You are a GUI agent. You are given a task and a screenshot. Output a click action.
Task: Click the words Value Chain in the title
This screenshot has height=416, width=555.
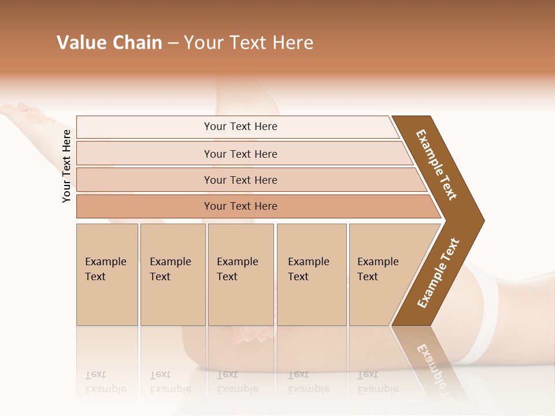click(x=109, y=43)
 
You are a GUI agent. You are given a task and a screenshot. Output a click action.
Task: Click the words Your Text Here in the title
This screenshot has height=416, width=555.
click(x=249, y=43)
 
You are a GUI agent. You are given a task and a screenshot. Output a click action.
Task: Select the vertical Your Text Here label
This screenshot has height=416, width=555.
click(x=67, y=166)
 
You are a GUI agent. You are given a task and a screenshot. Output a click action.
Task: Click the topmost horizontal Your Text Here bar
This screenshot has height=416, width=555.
click(x=240, y=127)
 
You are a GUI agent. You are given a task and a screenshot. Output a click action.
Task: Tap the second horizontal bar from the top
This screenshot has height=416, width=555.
click(x=240, y=154)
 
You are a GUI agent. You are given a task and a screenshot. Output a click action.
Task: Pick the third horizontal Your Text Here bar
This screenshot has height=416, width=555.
click(x=240, y=180)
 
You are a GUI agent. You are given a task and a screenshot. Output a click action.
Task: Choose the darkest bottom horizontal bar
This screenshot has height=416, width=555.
click(x=240, y=206)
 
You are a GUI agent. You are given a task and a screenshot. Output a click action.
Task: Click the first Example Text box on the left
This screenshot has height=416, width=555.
click(x=106, y=274)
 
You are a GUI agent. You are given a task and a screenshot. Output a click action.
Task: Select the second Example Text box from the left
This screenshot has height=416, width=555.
click(x=172, y=274)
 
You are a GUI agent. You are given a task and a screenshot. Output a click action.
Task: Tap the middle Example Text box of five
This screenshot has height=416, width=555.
click(x=240, y=274)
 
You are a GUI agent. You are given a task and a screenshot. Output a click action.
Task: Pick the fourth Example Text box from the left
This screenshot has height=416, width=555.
click(x=311, y=274)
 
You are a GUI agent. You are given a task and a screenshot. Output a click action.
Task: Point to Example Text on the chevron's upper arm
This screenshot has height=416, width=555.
click(x=436, y=165)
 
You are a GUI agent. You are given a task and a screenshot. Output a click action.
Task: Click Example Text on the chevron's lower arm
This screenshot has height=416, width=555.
click(x=438, y=273)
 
